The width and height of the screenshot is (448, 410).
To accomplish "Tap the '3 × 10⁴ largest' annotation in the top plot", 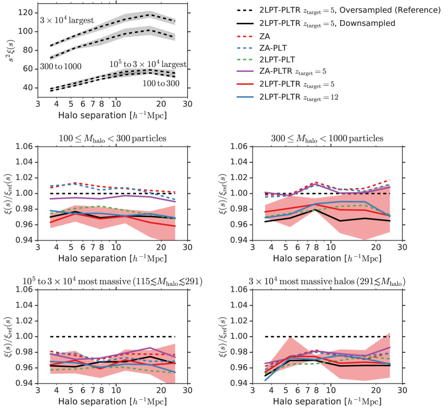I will [x=67, y=20].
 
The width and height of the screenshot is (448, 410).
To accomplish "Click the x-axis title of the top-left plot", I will [x=108, y=116].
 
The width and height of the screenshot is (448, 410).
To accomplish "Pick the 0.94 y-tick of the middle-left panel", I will [x=25, y=241].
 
